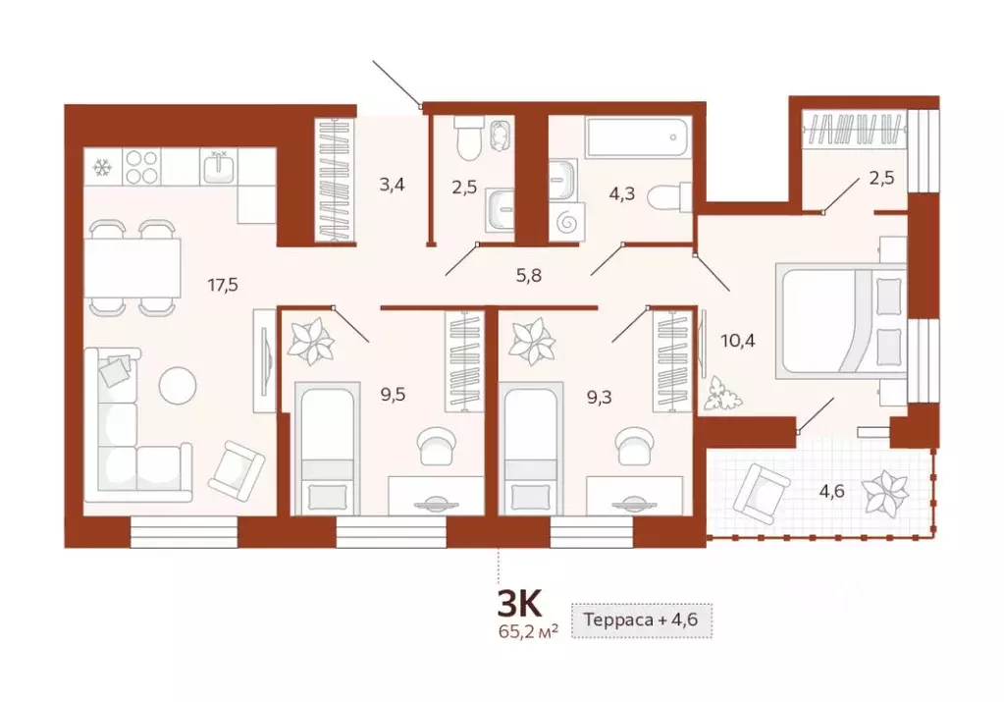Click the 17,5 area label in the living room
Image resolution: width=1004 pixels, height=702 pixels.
coord(223,286)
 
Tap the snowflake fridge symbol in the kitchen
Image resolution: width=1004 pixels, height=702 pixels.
coord(101,168)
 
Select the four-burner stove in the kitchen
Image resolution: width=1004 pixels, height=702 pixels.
coord(141,167)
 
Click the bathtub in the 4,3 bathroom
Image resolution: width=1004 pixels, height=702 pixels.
coord(637,136)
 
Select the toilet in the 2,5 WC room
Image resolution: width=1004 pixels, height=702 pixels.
coord(468,139)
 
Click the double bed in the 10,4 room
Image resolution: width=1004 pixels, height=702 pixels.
coord(841,320)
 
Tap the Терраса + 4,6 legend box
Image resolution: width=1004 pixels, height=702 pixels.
coord(642,621)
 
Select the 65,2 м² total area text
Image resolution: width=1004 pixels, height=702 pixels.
coord(528,631)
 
